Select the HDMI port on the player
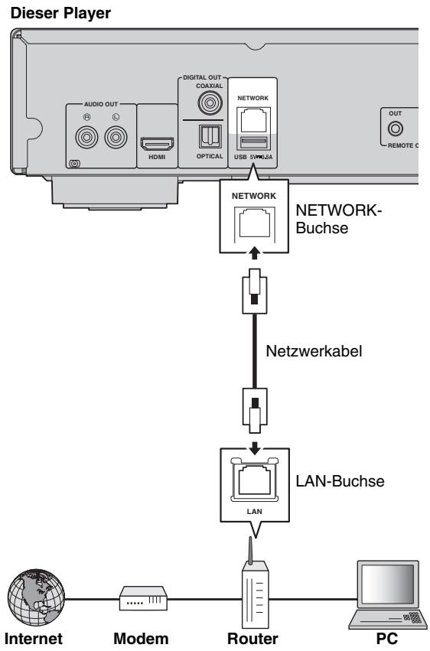tap(156, 144)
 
